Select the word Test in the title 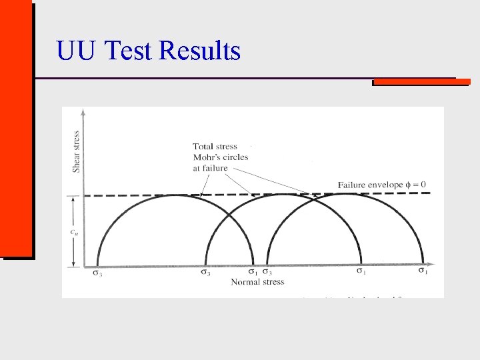coord(127,51)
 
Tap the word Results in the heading coord(202,51)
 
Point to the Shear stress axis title coord(77,151)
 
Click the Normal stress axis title coord(257,282)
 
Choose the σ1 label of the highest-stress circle coord(423,271)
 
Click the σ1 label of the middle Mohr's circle coord(361,272)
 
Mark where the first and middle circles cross coord(229,215)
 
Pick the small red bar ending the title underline coord(421,82)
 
